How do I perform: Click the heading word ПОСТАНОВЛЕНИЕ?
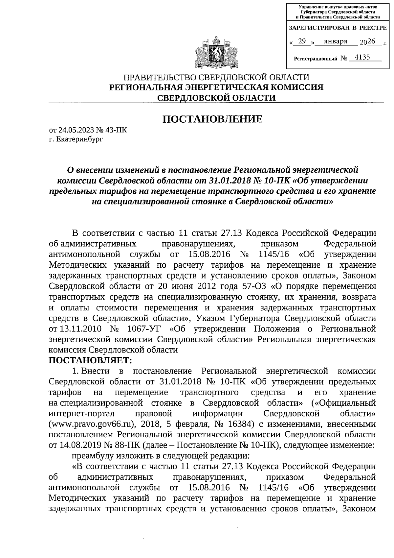pos(213,119)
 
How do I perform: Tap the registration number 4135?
pos(362,58)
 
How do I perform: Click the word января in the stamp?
pos(336,41)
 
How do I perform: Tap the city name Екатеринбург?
pos(80,139)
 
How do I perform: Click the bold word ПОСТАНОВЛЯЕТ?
pos(90,360)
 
